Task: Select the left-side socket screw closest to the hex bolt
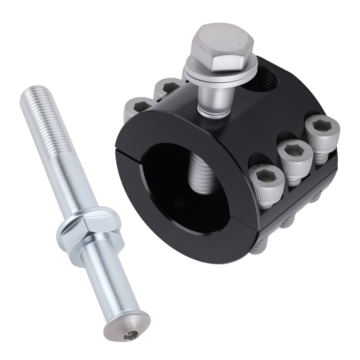pos(167,87)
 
